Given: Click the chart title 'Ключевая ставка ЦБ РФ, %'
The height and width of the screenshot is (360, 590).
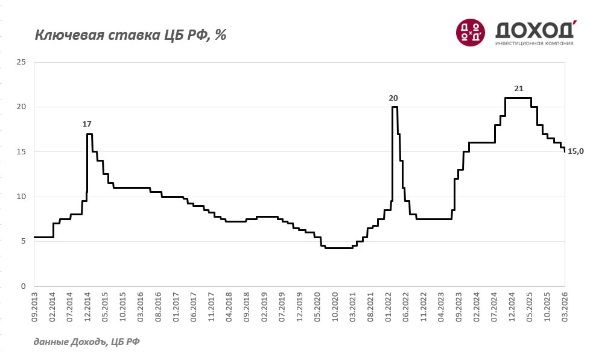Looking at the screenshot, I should [130, 35].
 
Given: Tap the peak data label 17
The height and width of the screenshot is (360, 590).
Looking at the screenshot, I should [87, 124].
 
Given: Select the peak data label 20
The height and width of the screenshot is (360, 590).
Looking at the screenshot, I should [393, 98].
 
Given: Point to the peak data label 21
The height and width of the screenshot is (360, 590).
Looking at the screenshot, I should [519, 88].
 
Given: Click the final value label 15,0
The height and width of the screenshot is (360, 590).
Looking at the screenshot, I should [576, 151].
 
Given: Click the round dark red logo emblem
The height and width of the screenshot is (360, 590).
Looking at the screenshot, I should [471, 32].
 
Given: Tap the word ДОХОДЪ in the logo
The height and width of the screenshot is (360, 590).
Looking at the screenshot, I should [534, 30].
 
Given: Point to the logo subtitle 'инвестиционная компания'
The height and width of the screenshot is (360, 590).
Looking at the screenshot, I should [534, 43].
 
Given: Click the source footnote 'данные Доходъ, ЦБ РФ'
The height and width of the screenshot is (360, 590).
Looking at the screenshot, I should [87, 342].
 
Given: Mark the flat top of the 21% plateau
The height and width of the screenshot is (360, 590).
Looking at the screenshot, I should [518, 98].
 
